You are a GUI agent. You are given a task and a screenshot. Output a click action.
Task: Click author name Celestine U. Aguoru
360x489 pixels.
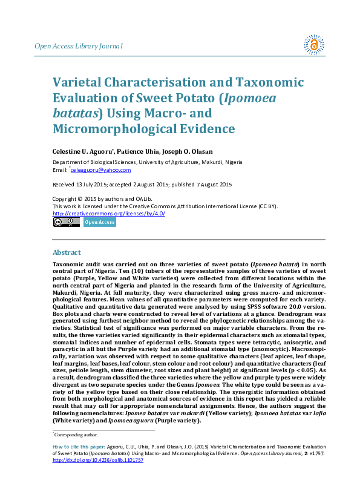(x=81, y=151)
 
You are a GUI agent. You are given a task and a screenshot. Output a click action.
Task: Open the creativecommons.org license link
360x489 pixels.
(x=109, y=214)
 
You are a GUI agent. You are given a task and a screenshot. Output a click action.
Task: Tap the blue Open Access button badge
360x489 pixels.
(x=99, y=222)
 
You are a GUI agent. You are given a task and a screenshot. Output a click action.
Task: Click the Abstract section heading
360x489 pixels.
(x=67, y=252)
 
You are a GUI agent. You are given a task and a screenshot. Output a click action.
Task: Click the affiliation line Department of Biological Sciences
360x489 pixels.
(x=148, y=162)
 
